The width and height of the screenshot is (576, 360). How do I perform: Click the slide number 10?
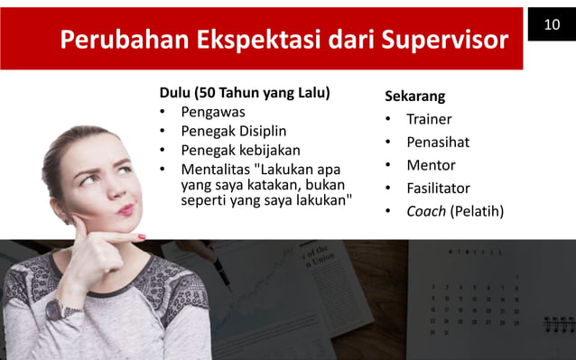[x=551, y=21]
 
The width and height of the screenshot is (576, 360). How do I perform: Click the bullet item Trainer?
[x=429, y=119]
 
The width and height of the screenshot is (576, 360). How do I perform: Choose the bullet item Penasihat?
[x=438, y=143]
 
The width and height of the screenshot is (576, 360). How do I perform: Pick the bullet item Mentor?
[x=431, y=166]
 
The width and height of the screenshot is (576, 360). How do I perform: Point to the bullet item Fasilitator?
[x=438, y=189]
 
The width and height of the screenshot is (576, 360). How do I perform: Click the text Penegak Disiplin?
[x=233, y=131]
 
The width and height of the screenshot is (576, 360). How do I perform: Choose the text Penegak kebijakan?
[x=240, y=150]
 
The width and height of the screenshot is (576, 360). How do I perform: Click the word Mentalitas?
[x=216, y=169]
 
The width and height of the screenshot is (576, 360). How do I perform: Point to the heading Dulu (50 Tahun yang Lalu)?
[x=244, y=93]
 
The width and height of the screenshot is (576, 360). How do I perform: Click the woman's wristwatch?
[x=56, y=309]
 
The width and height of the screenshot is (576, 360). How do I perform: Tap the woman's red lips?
[x=125, y=209]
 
